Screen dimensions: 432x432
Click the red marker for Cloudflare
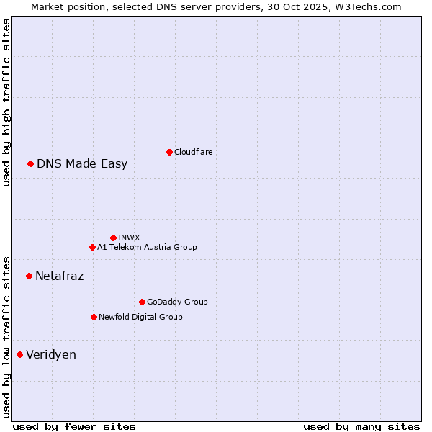(169, 152)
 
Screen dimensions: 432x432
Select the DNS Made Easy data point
(31, 164)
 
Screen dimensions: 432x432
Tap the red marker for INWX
(113, 238)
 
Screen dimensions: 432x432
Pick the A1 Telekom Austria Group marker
(92, 248)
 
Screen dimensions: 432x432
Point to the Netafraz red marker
(30, 276)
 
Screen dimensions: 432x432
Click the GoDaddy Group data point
(142, 302)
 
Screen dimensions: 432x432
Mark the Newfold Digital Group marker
(94, 317)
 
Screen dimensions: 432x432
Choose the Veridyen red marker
(20, 354)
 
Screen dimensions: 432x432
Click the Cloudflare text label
(193, 152)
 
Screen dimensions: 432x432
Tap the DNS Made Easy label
(82, 164)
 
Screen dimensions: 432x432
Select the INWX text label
(129, 238)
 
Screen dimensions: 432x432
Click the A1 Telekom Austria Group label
(147, 248)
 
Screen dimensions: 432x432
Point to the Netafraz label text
(59, 276)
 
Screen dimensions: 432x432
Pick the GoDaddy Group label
(177, 302)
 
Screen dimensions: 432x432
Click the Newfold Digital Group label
(140, 317)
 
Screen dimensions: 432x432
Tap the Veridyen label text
(51, 354)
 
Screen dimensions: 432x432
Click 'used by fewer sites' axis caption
(74, 426)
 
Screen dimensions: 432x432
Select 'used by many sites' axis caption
(361, 426)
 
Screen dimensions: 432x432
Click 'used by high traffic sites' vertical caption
(6, 102)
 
